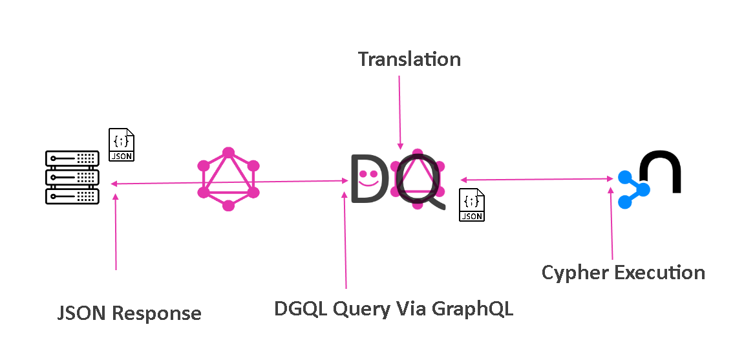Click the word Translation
pos(409,59)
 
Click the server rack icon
pos(72,177)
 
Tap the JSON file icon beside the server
pos(122,144)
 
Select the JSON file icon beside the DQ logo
pos(472,205)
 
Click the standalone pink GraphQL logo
pos(228,179)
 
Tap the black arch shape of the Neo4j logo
pos(660,171)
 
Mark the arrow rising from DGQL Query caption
pos(345,239)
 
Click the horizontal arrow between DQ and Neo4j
pos(537,179)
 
